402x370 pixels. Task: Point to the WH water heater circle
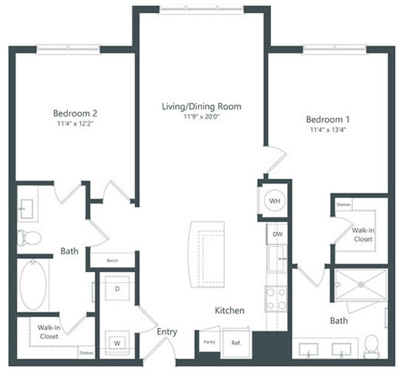[x=275, y=201]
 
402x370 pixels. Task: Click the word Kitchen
[x=229, y=311]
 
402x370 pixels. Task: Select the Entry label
[x=167, y=332]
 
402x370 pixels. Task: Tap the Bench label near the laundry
[x=112, y=261]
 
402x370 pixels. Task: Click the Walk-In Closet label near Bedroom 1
[x=363, y=234]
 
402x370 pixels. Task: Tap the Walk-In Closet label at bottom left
[x=49, y=331]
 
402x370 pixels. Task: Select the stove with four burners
[x=275, y=297]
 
